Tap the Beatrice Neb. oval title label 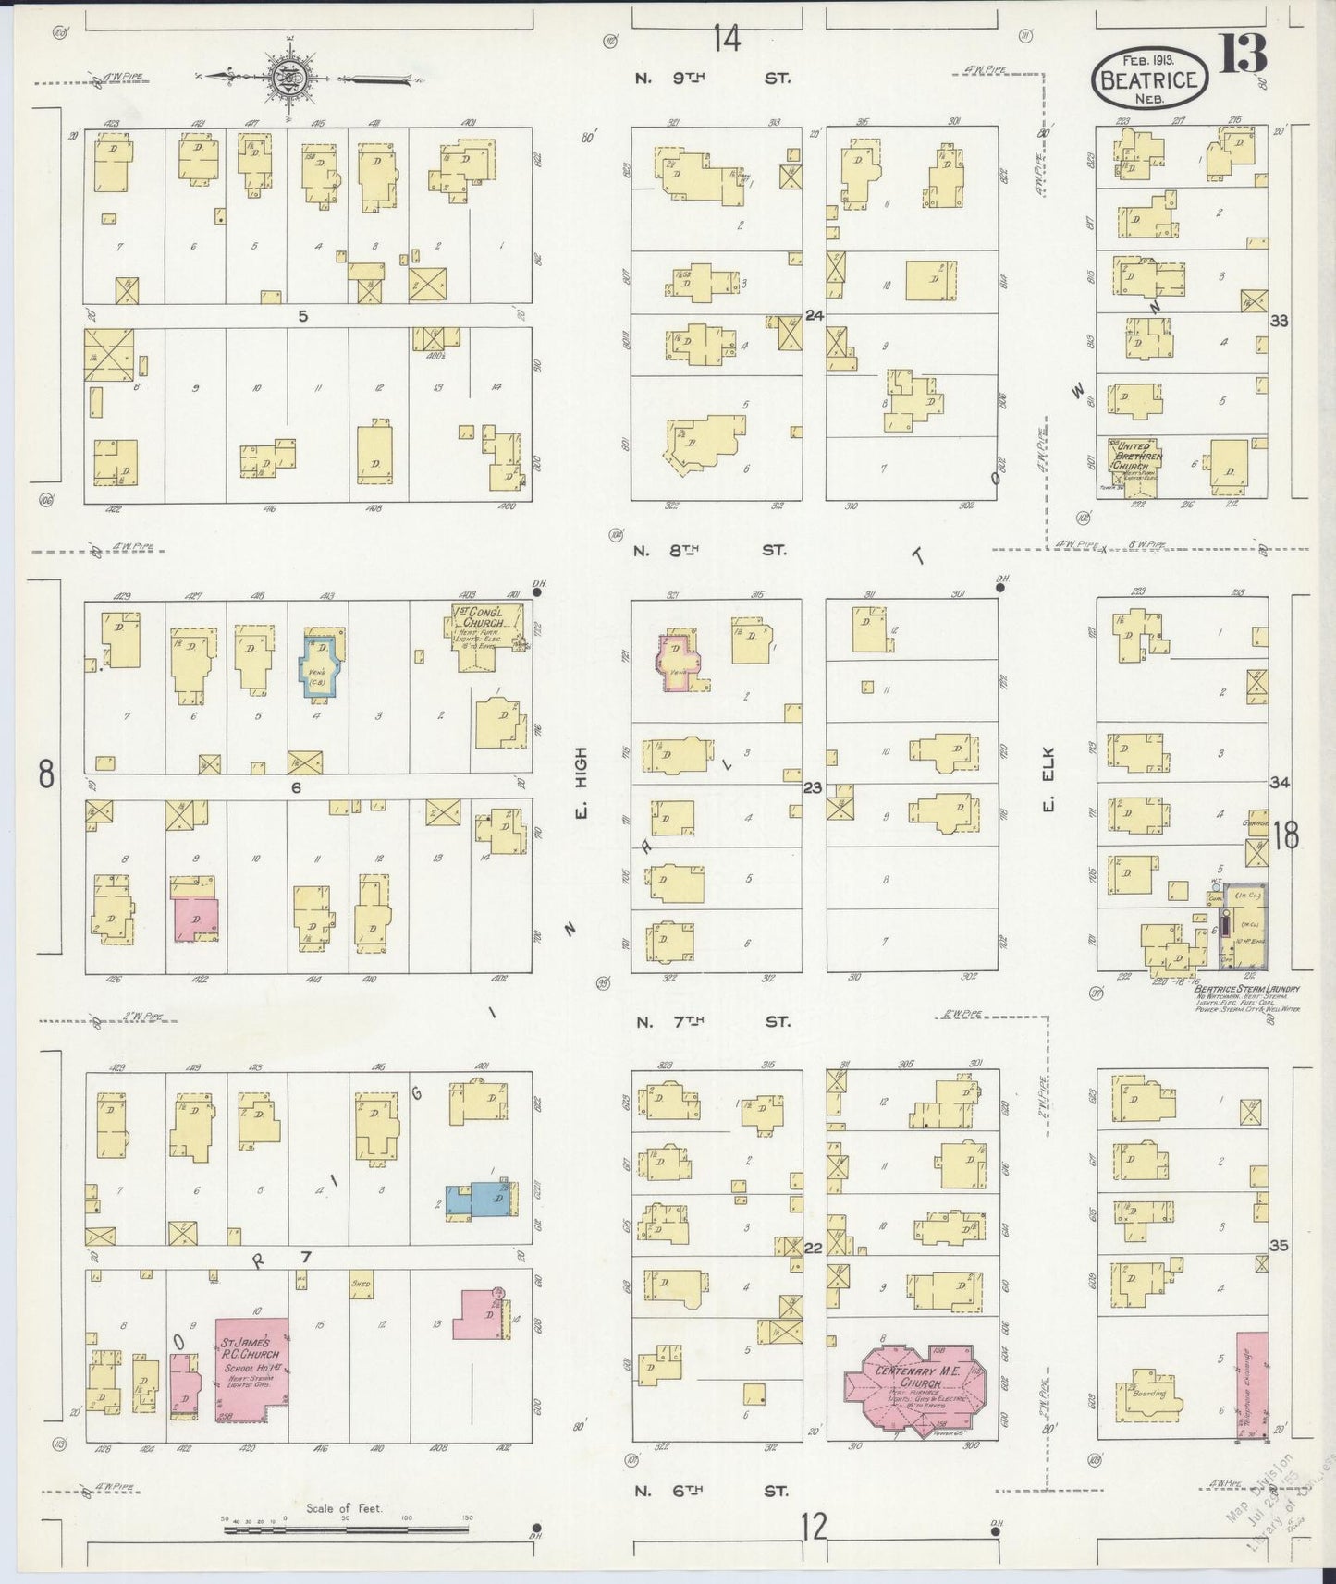pos(1149,80)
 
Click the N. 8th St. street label pos(709,551)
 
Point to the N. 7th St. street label pos(712,1022)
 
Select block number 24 pos(814,315)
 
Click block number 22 pos(814,1248)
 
